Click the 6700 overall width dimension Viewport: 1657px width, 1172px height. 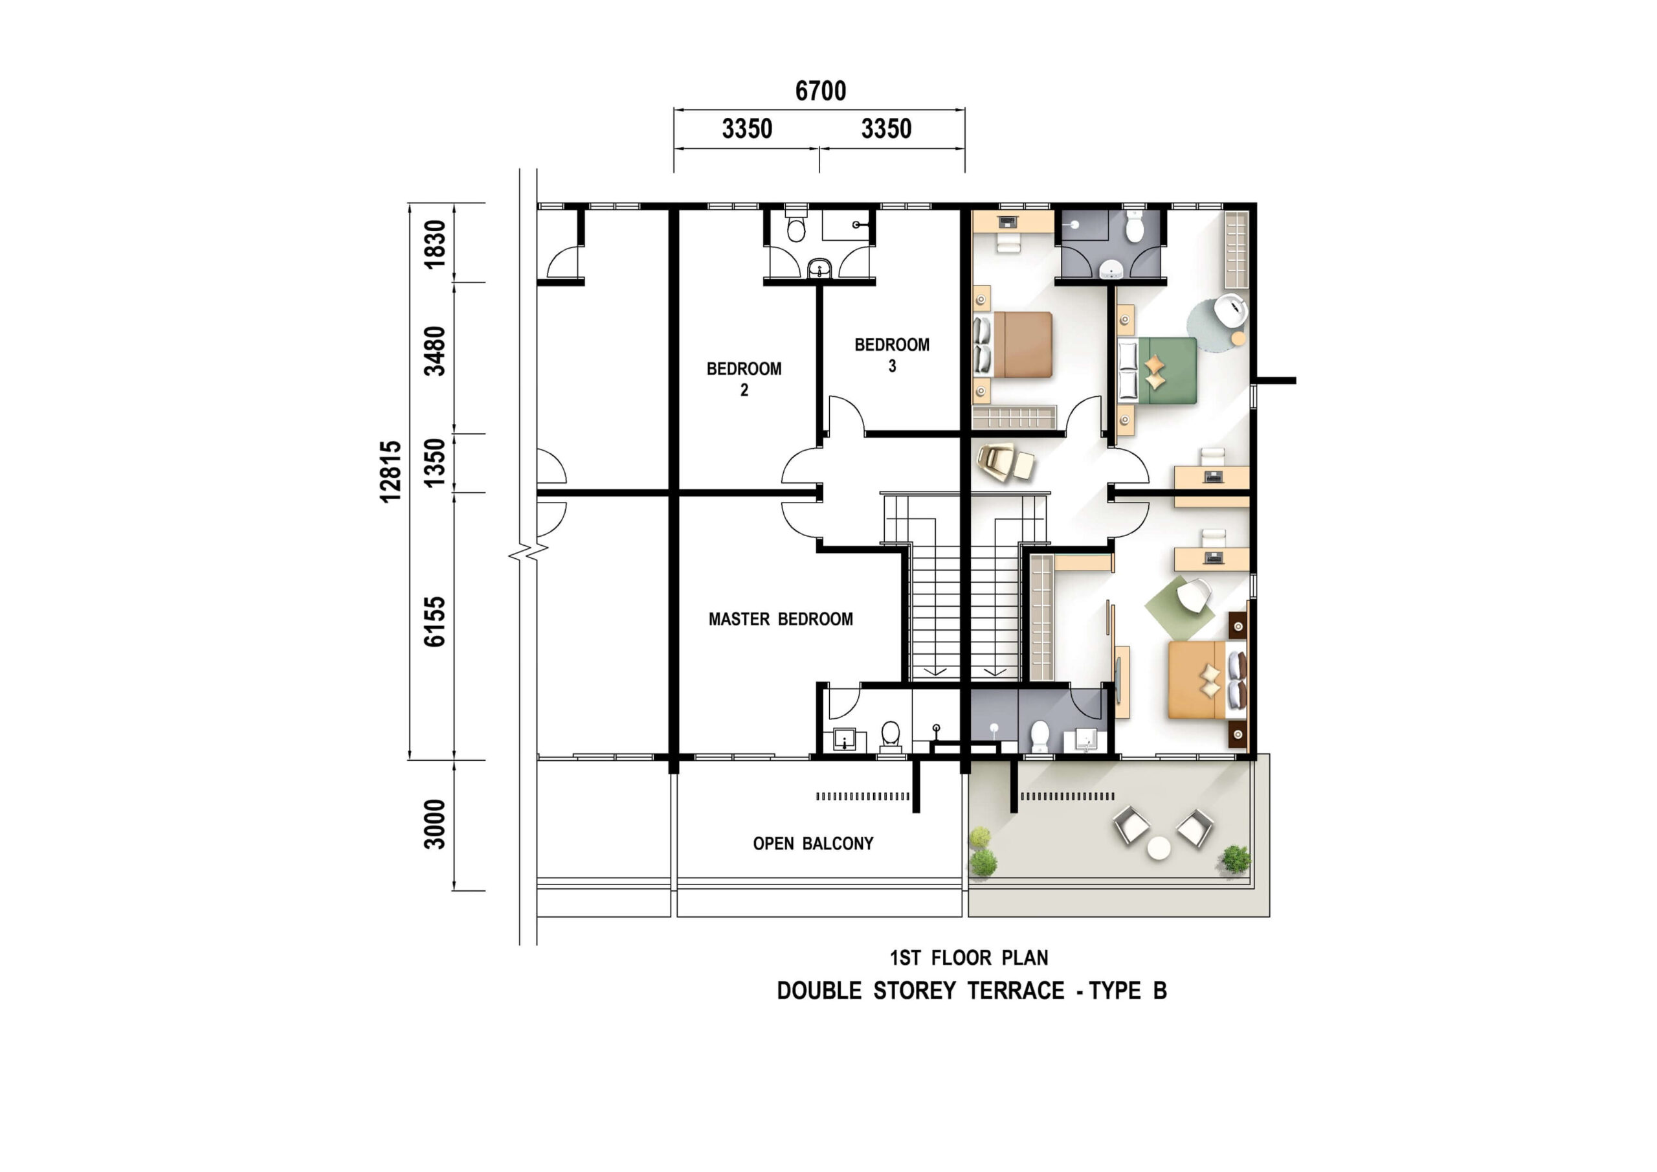click(x=821, y=91)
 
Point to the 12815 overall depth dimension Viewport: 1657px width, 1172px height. click(x=390, y=471)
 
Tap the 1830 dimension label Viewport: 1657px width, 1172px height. click(x=434, y=244)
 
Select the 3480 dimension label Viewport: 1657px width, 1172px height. click(x=434, y=351)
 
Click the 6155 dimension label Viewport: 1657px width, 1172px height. click(x=434, y=622)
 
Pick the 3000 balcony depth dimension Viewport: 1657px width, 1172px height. click(x=434, y=824)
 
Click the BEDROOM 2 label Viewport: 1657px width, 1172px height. click(x=744, y=379)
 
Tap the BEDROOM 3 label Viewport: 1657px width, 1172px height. click(x=892, y=355)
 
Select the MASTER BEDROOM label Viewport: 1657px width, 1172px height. click(x=781, y=619)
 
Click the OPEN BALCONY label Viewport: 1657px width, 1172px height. click(x=814, y=844)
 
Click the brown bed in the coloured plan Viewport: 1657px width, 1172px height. click(x=1013, y=344)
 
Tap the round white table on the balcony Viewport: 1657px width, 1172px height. click(x=1159, y=848)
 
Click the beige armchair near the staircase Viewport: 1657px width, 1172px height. click(x=1005, y=463)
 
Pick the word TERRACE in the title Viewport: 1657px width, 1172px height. click(x=1016, y=991)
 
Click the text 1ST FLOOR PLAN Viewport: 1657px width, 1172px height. click(x=969, y=958)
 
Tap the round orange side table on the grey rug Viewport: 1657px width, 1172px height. click(x=1238, y=338)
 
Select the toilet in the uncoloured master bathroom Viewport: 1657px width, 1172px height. click(x=891, y=736)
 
